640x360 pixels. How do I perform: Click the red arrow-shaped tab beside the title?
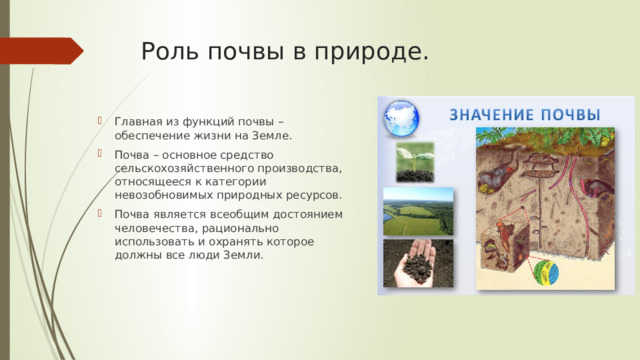tap(40, 50)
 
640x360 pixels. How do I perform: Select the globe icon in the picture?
tap(403, 117)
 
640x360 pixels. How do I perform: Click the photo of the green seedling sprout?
tap(415, 162)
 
